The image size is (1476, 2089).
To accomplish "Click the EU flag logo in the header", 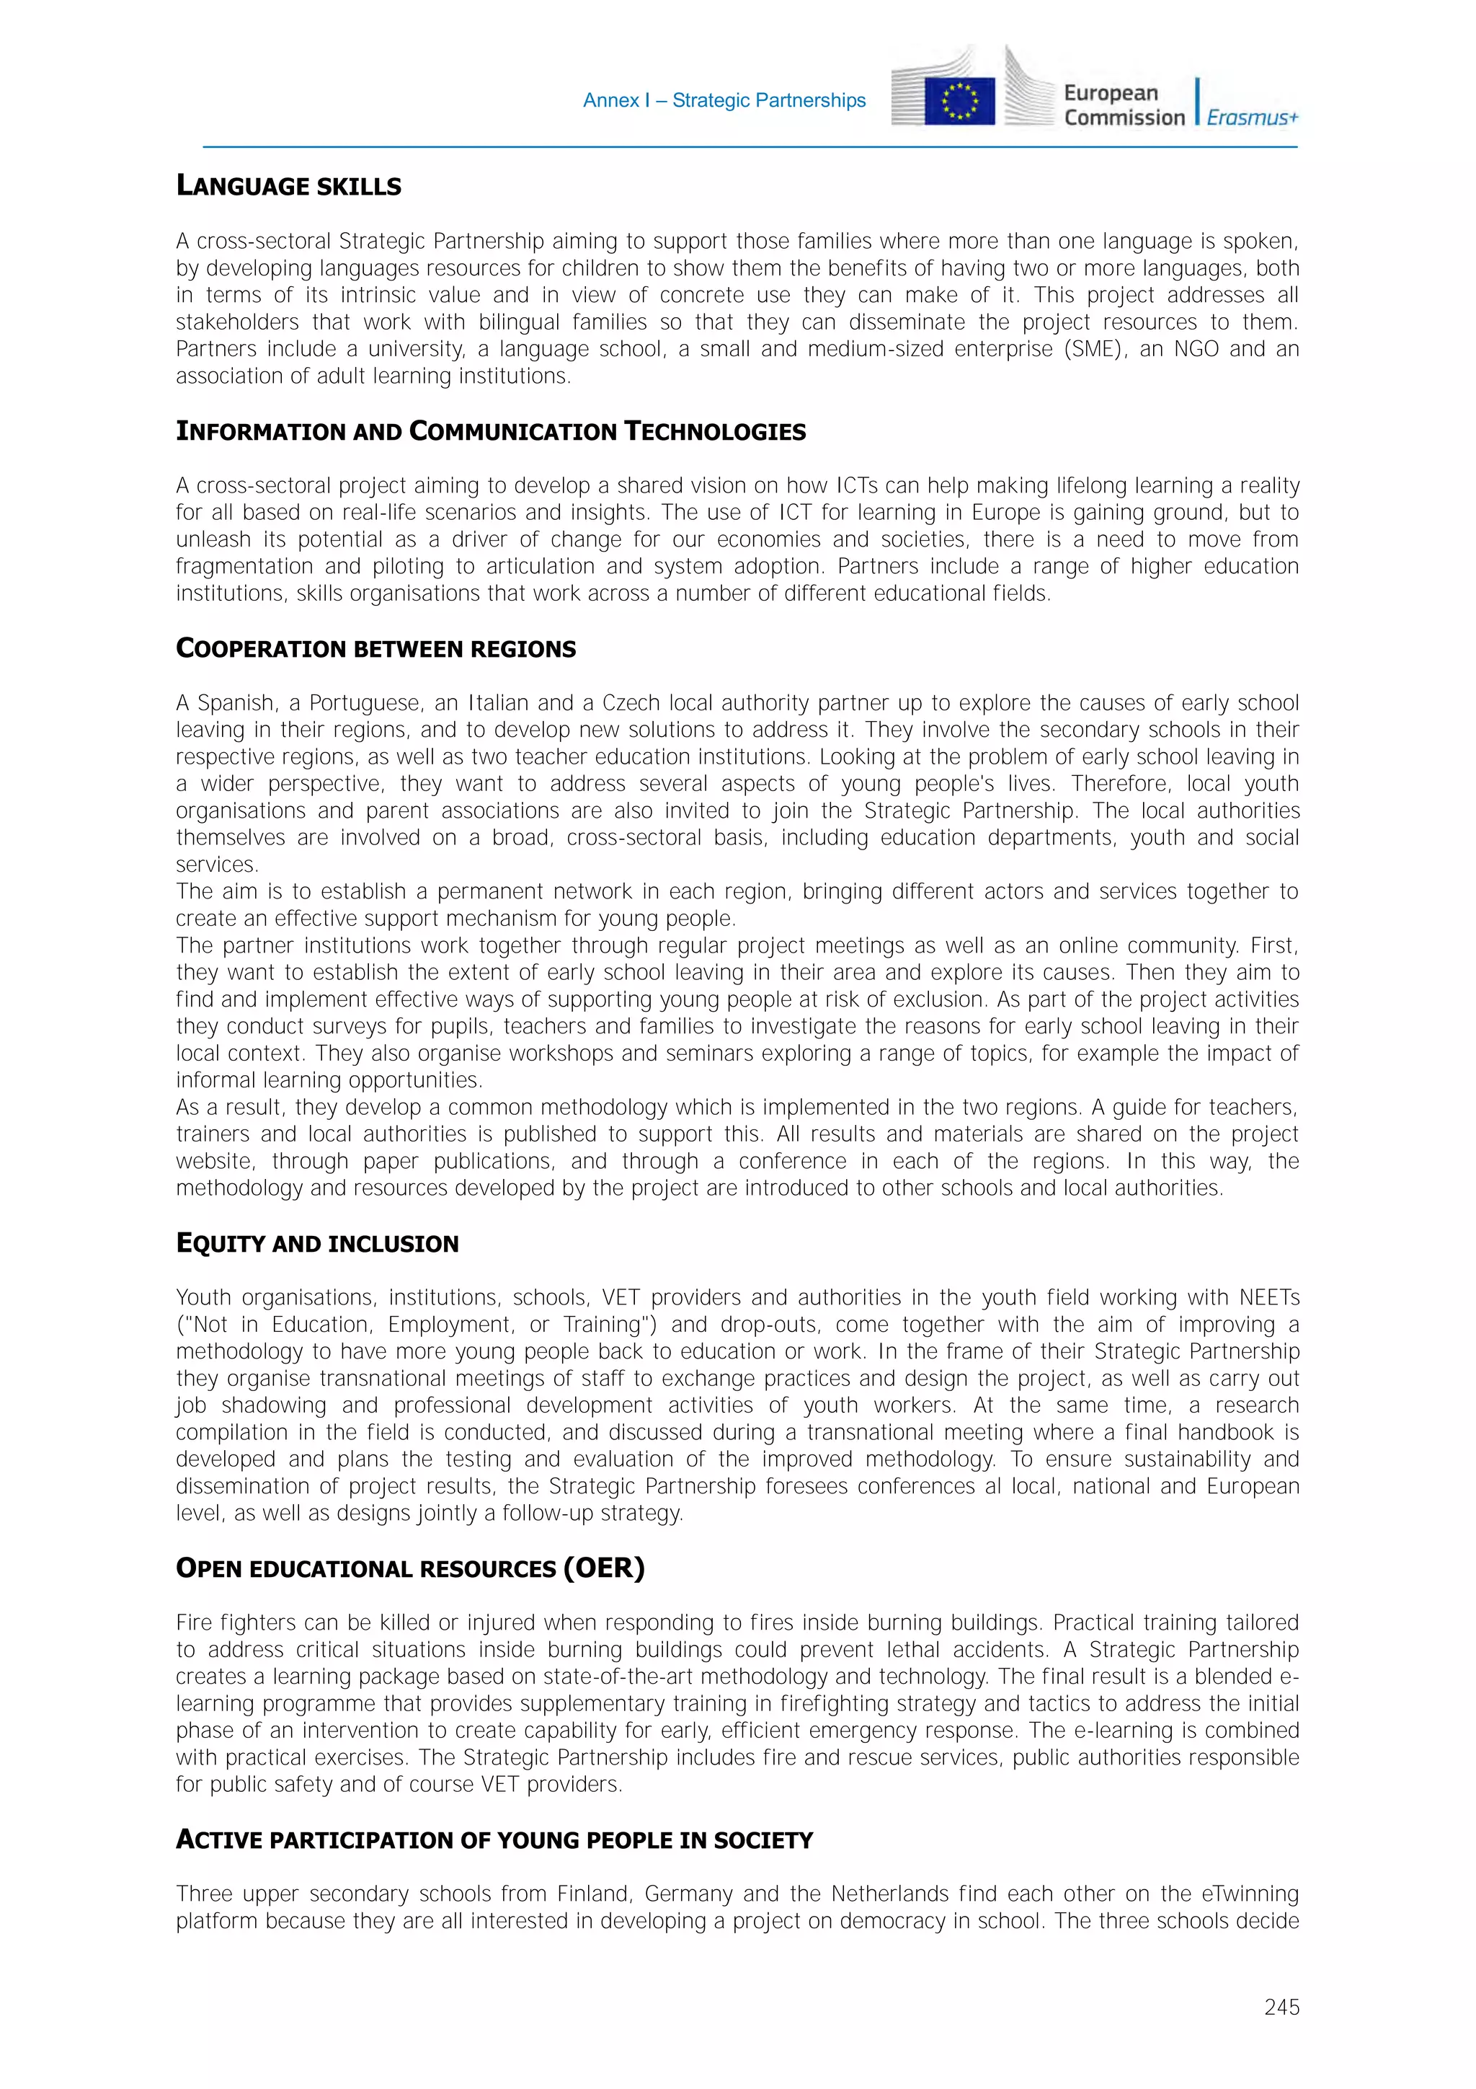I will [x=959, y=101].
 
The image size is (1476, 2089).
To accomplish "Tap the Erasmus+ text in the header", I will [x=1253, y=118].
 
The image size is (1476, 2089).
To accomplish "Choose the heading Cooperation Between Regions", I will [x=375, y=649].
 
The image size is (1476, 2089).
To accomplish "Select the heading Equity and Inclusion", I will [x=317, y=1244].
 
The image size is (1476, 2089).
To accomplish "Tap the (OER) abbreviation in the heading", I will [x=604, y=1568].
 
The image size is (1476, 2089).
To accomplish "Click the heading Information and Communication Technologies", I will [x=491, y=431].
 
